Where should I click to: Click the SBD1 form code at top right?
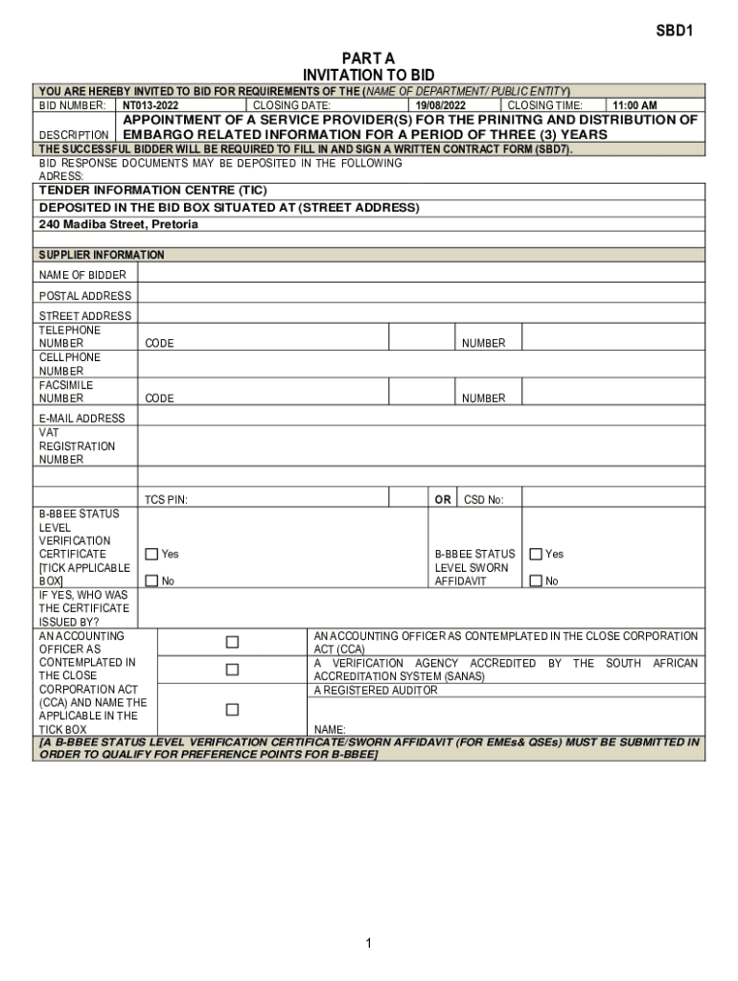coord(674,31)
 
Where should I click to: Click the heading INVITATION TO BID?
coord(368,75)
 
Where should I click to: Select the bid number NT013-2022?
coord(150,105)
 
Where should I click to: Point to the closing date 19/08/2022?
coord(441,105)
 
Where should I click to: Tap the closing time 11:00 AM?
coord(634,105)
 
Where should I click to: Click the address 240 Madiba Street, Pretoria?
coord(119,224)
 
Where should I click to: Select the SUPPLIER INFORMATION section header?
coord(102,255)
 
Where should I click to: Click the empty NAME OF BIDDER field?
coord(422,275)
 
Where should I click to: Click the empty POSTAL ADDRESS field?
coord(422,296)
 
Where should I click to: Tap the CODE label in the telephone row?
coord(159,343)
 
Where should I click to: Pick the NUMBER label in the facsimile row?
coord(483,399)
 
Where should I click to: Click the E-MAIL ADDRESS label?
coord(81,419)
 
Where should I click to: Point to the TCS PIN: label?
coord(166,499)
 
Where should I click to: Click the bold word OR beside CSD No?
coord(443,499)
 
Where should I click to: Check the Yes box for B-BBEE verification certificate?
coord(151,554)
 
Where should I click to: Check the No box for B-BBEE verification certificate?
coord(151,581)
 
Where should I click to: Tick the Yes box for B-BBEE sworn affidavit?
coord(536,554)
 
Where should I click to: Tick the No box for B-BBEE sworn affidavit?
coord(536,581)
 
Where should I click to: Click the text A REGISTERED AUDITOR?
coord(376,690)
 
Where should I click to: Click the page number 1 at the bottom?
coord(368,945)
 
